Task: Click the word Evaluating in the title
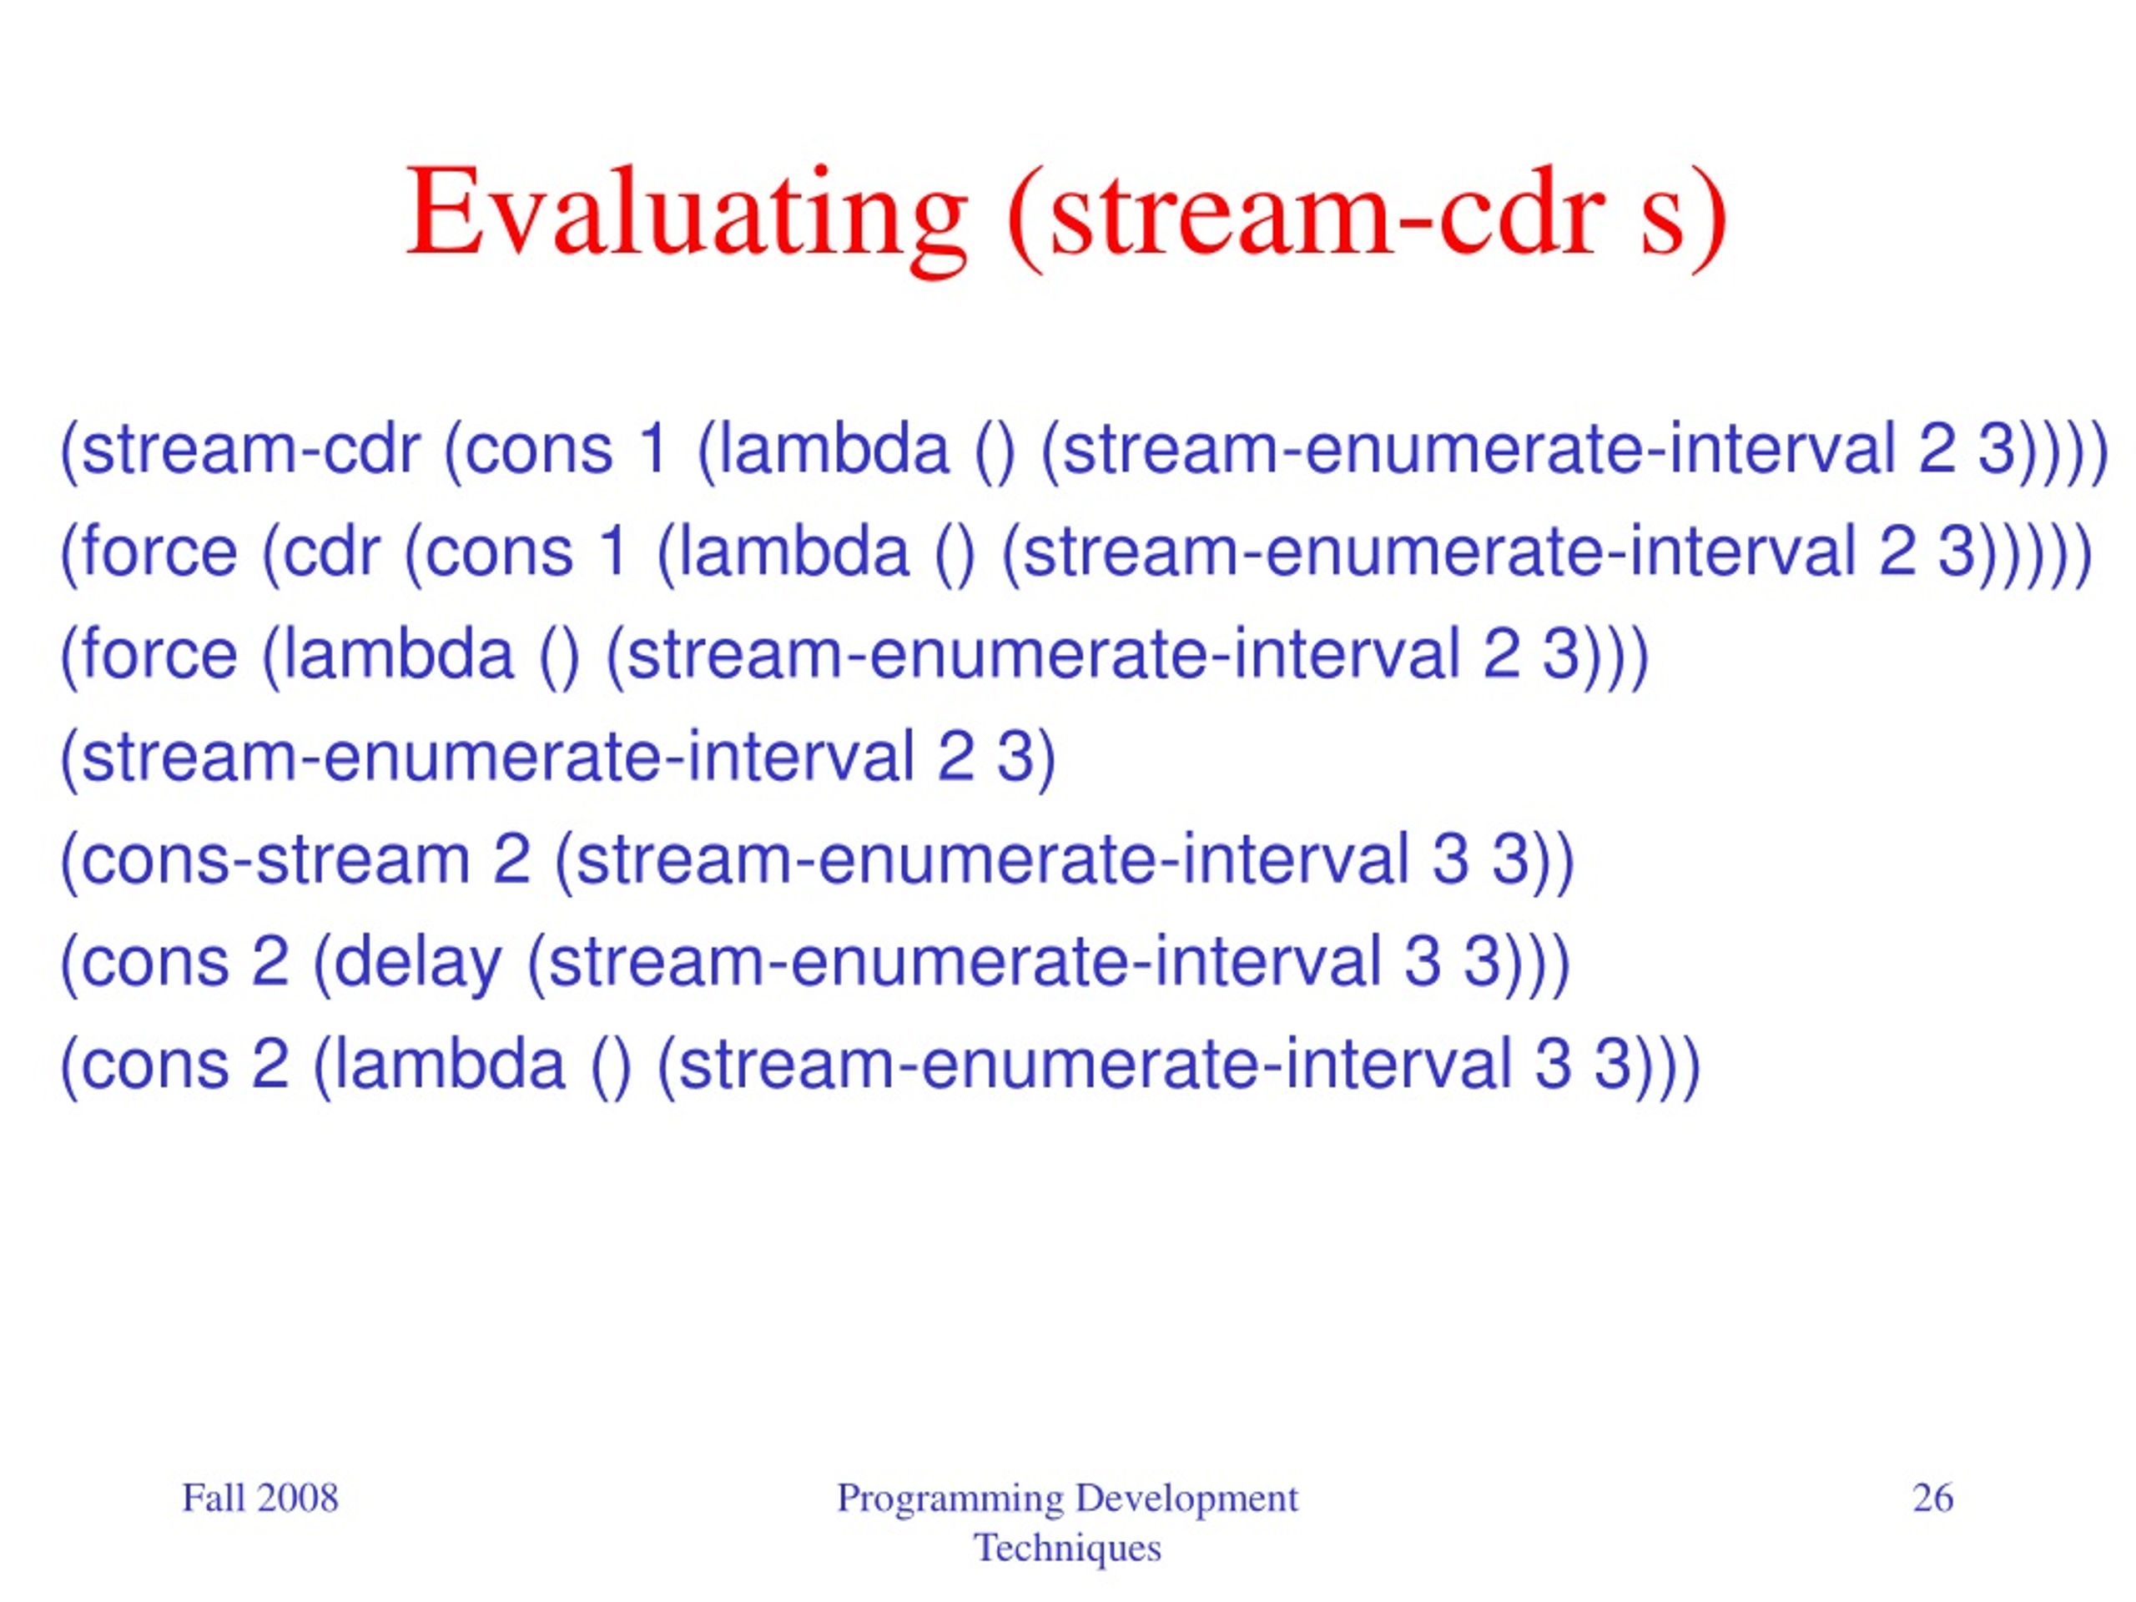click(687, 214)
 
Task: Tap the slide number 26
click(1933, 1498)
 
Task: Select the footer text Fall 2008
click(259, 1498)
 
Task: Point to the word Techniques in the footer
click(1067, 1548)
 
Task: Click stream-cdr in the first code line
click(251, 450)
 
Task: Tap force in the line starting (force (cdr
click(159, 552)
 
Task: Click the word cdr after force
click(331, 552)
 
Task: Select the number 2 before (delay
click(270, 962)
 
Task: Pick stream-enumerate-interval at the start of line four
click(498, 757)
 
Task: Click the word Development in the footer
click(1186, 1498)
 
